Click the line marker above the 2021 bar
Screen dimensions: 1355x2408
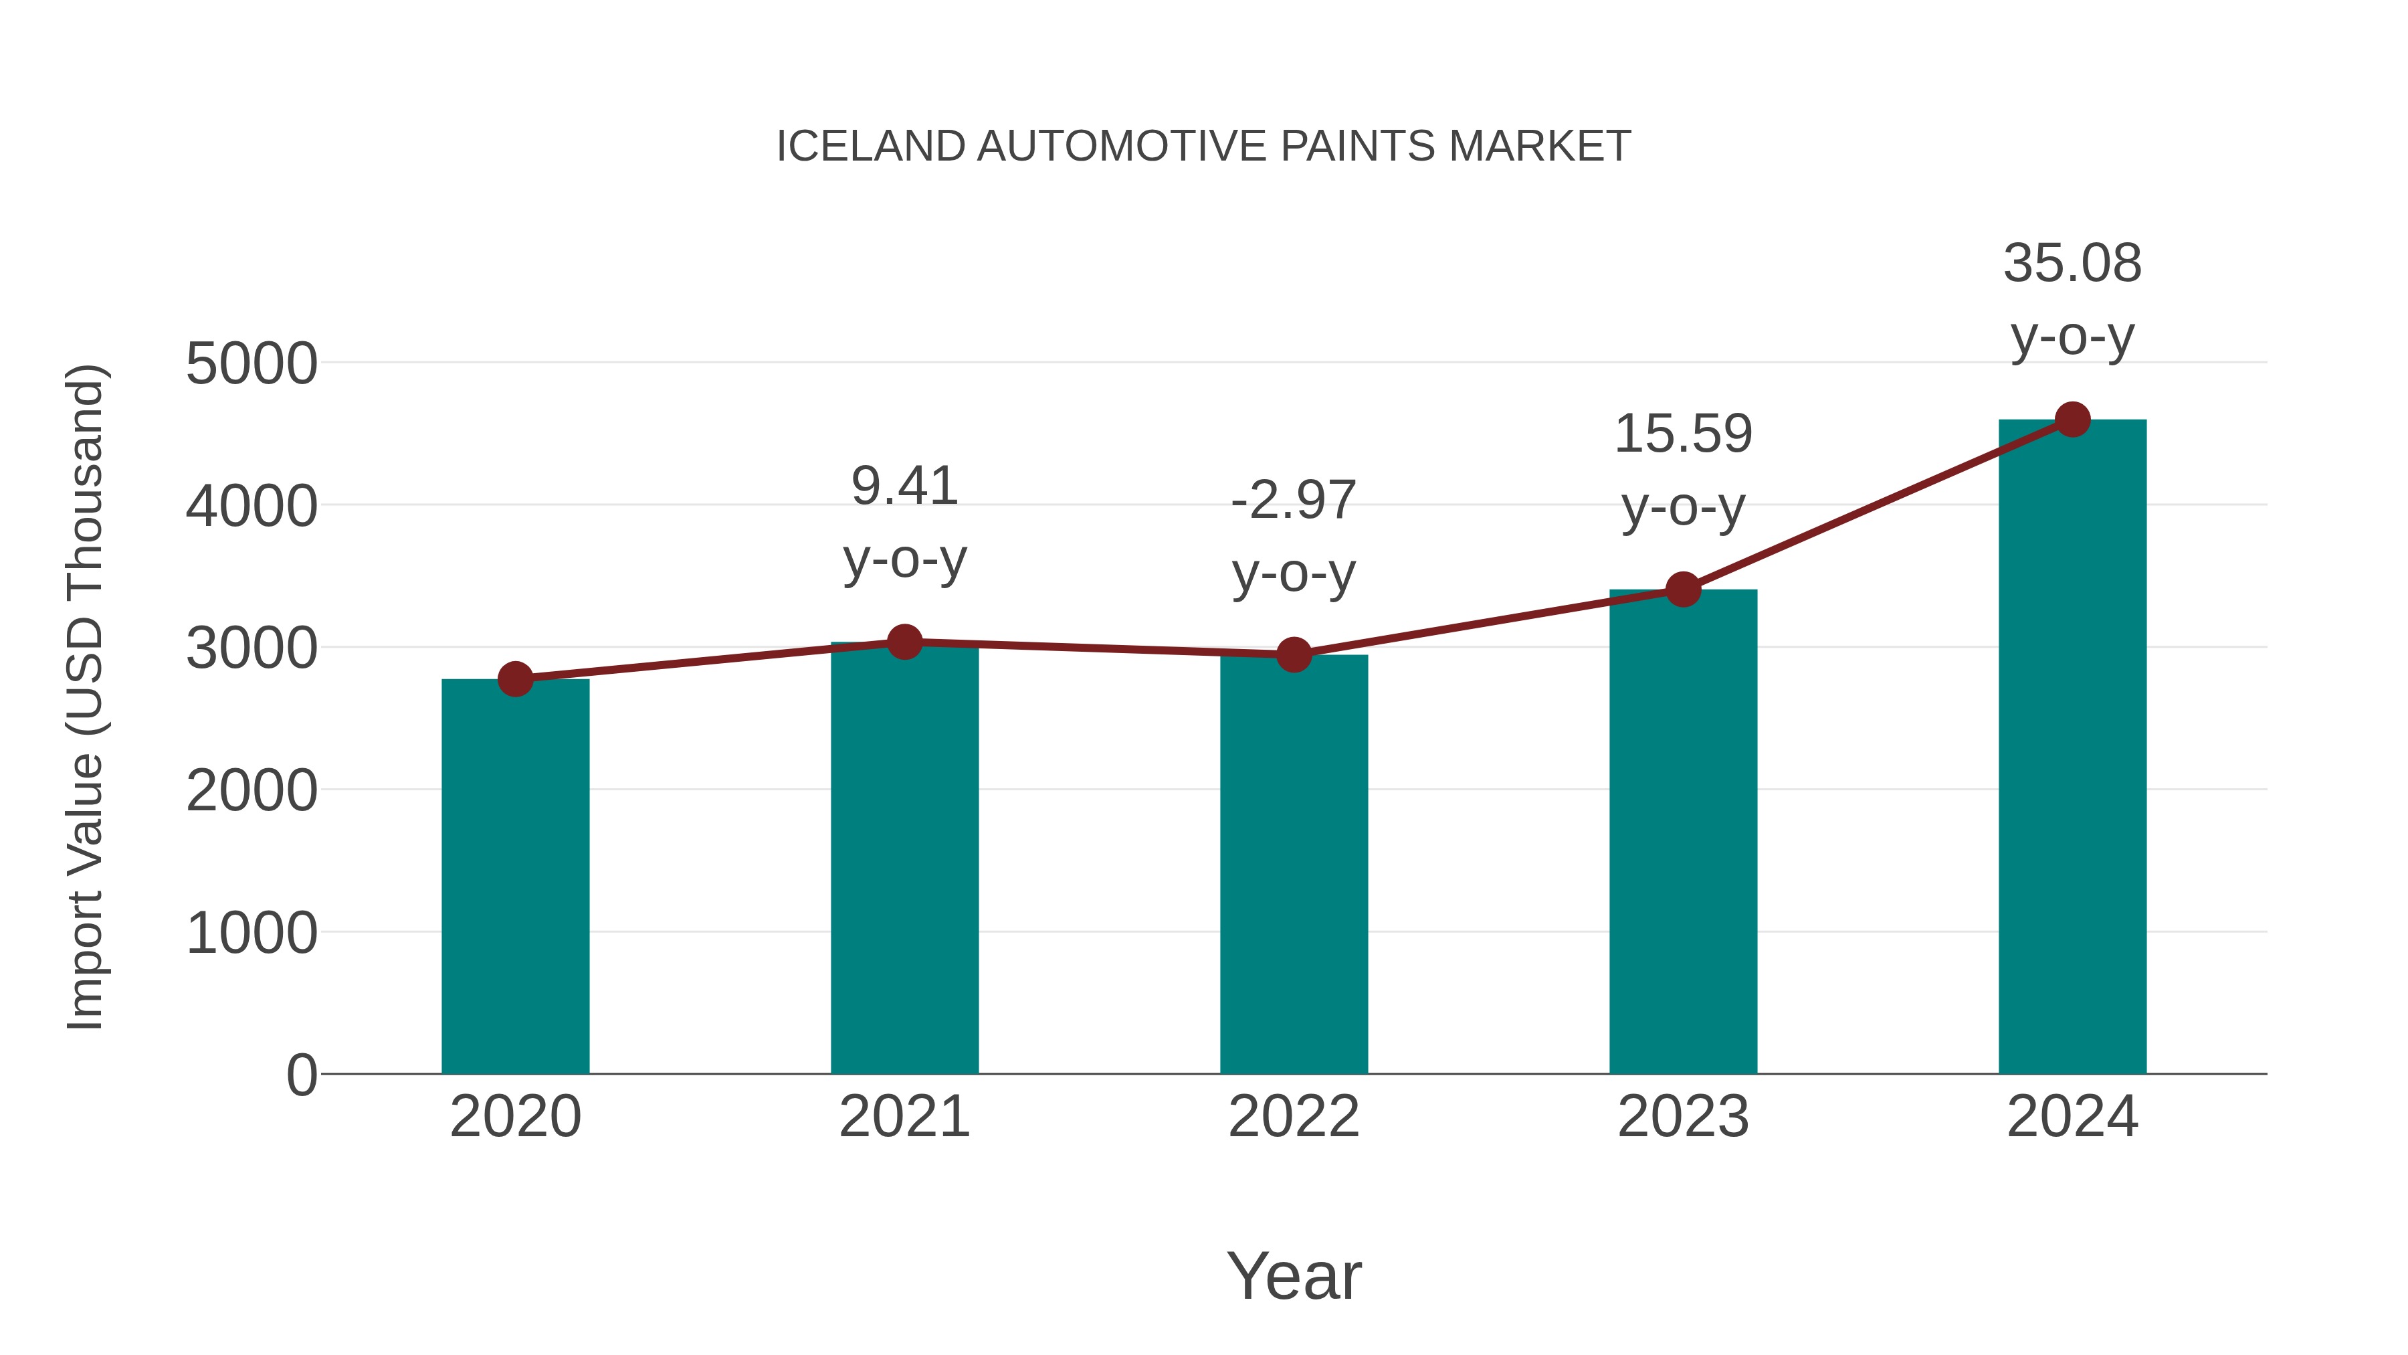click(904, 642)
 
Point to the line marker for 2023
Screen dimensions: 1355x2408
click(1683, 590)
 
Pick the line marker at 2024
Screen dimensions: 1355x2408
click(2072, 420)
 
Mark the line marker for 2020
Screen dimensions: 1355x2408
click(515, 679)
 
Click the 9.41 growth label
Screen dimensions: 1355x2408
click(904, 486)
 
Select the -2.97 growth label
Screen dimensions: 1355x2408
click(1294, 501)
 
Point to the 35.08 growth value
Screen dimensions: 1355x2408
click(2072, 264)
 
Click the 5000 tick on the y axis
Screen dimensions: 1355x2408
click(252, 364)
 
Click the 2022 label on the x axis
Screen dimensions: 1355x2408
click(1294, 1117)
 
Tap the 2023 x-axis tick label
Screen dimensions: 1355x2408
click(1683, 1117)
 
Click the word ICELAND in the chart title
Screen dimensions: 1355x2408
click(870, 147)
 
